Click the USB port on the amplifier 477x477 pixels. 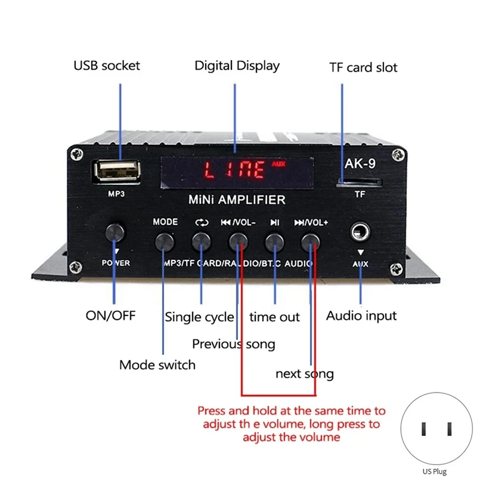(117, 172)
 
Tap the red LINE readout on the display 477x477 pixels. (234, 170)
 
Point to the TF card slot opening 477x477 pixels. (359, 183)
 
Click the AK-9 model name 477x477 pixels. (360, 163)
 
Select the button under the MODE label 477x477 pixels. (165, 242)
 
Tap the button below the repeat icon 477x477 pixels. (201, 242)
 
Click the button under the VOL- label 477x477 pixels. (238, 242)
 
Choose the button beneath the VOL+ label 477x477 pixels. (310, 243)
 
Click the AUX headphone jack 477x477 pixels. (360, 232)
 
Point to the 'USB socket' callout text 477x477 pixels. (107, 66)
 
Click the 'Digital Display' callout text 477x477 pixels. (237, 66)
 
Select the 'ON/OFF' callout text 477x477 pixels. (110, 316)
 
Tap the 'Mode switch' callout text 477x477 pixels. (157, 365)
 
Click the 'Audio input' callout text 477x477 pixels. (361, 316)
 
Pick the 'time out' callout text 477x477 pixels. (274, 317)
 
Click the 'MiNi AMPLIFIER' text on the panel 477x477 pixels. (237, 200)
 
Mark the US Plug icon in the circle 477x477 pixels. (436, 429)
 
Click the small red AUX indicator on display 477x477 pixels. (278, 165)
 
